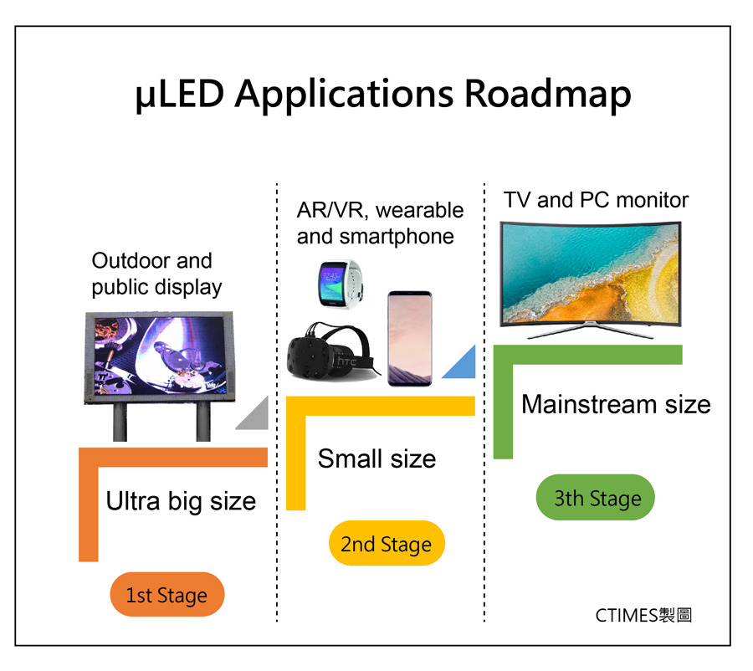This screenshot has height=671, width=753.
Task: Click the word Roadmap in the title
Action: pyautogui.click(x=547, y=94)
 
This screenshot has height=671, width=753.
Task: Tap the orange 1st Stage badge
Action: pyautogui.click(x=166, y=595)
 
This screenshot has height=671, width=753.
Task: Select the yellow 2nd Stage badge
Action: pyautogui.click(x=386, y=544)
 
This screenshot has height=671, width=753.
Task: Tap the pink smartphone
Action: pyautogui.click(x=409, y=338)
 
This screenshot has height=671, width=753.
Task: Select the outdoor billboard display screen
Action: pyautogui.click(x=156, y=356)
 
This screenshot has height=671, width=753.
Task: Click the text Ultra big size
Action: pyautogui.click(x=181, y=501)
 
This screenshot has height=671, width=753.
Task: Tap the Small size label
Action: pyautogui.click(x=376, y=458)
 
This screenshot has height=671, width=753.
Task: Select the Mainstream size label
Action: pyautogui.click(x=616, y=405)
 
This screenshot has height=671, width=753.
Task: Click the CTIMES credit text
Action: pyautogui.click(x=643, y=615)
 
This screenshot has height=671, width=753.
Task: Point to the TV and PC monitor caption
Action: pyautogui.click(x=596, y=201)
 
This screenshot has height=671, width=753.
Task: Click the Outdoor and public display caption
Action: pyautogui.click(x=156, y=274)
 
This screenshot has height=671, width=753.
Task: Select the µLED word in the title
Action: pyautogui.click(x=179, y=95)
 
